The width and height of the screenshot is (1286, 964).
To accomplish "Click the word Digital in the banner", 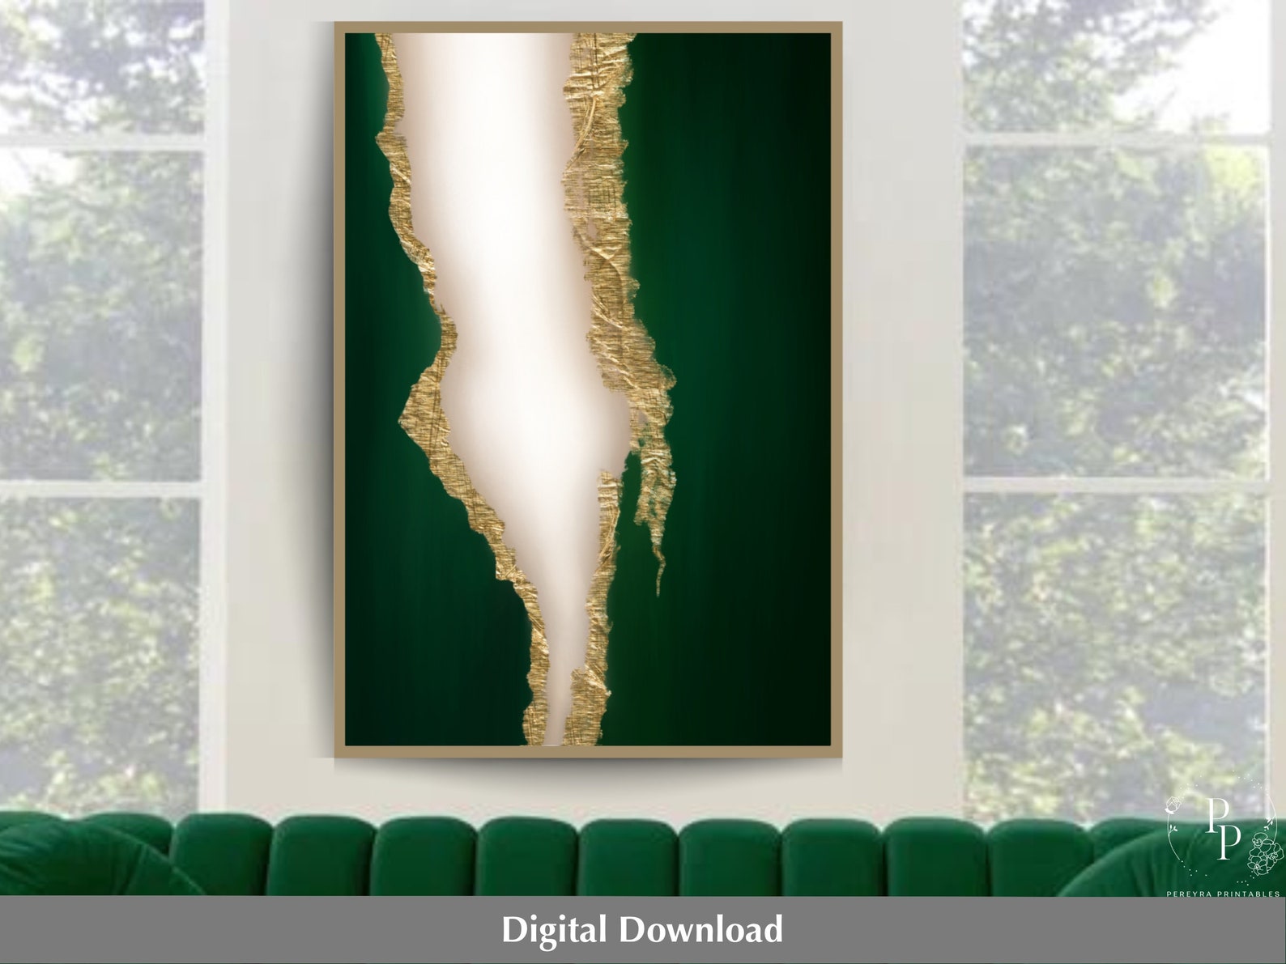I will pyautogui.click(x=553, y=929).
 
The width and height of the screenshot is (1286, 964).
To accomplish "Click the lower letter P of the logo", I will pyautogui.click(x=1229, y=841).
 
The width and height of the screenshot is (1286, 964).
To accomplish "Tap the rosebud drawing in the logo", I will pyautogui.click(x=1173, y=809).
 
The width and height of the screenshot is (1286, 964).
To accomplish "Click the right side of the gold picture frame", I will pyautogui.click(x=837, y=389).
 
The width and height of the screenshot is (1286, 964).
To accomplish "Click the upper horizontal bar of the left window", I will pyautogui.click(x=100, y=141).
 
